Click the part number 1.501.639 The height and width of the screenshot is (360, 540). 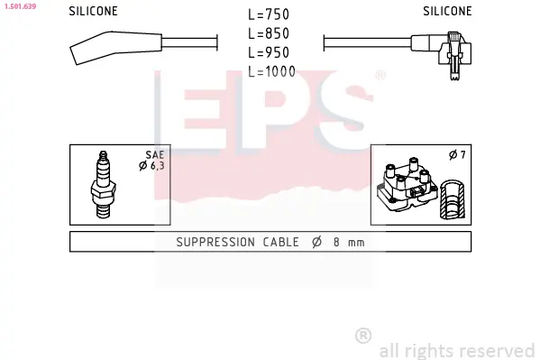tap(21, 6)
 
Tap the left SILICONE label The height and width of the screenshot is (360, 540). tap(94, 11)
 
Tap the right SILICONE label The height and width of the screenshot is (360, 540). tap(447, 11)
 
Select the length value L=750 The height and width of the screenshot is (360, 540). tap(269, 14)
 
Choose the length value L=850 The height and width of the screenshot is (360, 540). tap(269, 33)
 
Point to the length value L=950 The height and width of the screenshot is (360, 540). tap(269, 52)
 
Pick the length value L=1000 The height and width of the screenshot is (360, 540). tap(271, 71)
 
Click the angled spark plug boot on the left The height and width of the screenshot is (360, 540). tap(115, 48)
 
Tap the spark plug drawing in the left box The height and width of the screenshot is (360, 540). tap(104, 184)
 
